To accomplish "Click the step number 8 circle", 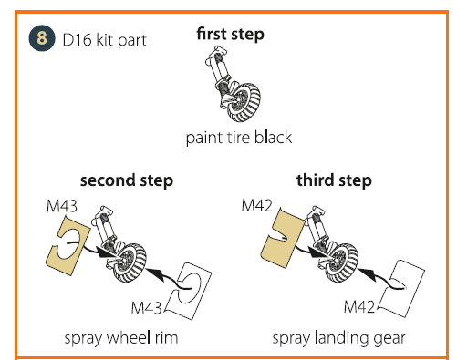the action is point(42,38).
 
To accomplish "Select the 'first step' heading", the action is point(230,35).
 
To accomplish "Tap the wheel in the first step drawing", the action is point(244,102).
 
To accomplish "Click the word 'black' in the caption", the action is point(273,138).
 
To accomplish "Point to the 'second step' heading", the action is point(127,180).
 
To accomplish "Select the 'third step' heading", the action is point(334,180).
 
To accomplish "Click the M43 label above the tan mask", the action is point(62,206).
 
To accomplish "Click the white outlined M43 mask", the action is point(189,291).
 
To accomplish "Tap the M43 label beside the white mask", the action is point(146,308).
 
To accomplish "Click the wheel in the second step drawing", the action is point(129,262).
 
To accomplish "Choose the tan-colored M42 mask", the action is point(283,238).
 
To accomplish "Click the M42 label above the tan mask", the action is point(257,205).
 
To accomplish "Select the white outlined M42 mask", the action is point(401,289).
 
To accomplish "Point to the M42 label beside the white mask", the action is point(359,307).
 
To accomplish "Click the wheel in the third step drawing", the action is point(341,262).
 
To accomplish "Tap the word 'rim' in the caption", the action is point(166,338).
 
